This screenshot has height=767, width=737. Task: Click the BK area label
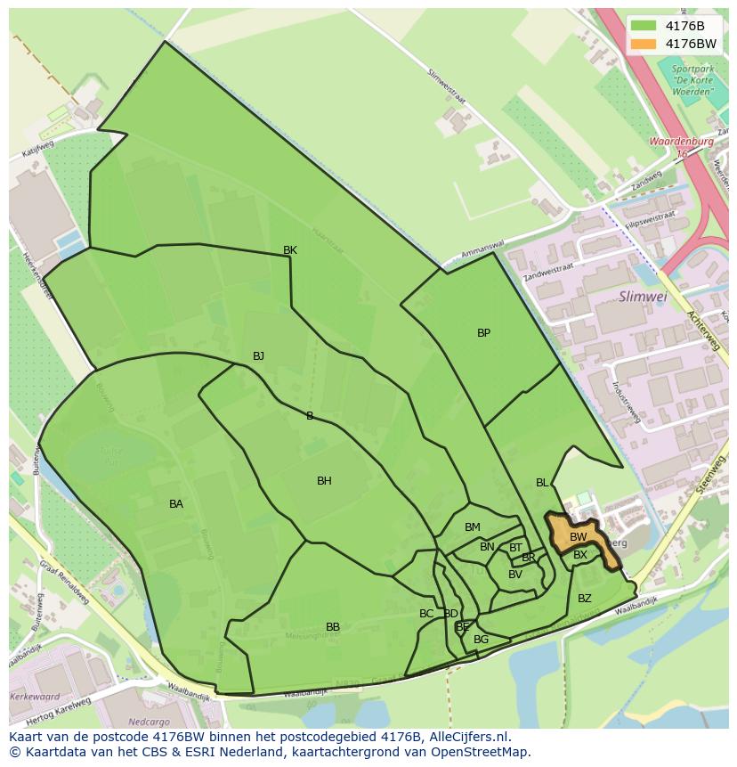click(x=290, y=250)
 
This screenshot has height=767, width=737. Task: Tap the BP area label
click(x=483, y=333)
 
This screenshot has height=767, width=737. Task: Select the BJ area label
click(x=258, y=356)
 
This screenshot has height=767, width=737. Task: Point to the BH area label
click(x=324, y=481)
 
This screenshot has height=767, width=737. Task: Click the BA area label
click(x=176, y=504)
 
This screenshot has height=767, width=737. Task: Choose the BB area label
click(x=333, y=627)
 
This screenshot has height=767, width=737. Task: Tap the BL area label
click(x=542, y=483)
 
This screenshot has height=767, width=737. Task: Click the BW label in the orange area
click(x=579, y=537)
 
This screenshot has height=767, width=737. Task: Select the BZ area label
click(x=585, y=599)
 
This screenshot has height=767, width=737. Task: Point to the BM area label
click(x=473, y=527)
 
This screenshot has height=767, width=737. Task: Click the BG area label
click(x=482, y=640)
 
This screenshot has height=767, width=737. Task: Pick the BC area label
click(x=426, y=614)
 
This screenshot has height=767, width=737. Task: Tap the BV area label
click(x=515, y=575)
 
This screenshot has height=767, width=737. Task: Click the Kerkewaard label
click(x=34, y=697)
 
